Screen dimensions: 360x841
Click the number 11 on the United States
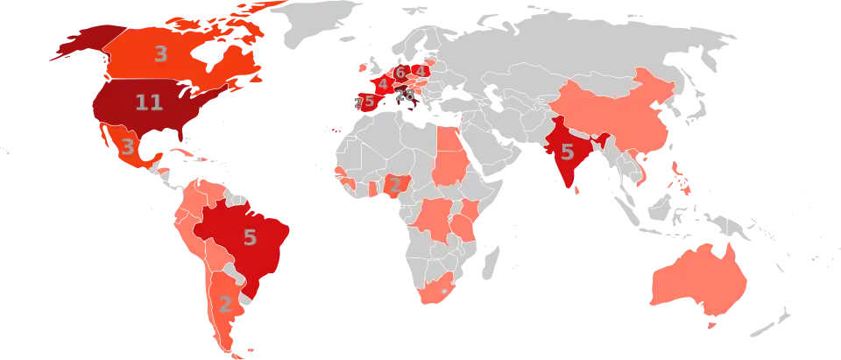click(x=149, y=103)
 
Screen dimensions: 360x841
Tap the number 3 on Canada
click(x=160, y=54)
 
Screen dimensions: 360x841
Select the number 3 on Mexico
click(x=128, y=146)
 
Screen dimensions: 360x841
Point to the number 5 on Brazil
click(x=250, y=236)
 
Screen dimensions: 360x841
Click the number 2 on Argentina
click(x=225, y=305)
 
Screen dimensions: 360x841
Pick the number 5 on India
click(x=567, y=152)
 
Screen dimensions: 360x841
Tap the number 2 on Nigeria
click(x=394, y=184)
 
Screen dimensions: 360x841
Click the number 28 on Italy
click(x=404, y=95)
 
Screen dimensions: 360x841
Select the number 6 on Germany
click(x=399, y=73)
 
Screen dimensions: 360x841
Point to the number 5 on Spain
click(x=369, y=102)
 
